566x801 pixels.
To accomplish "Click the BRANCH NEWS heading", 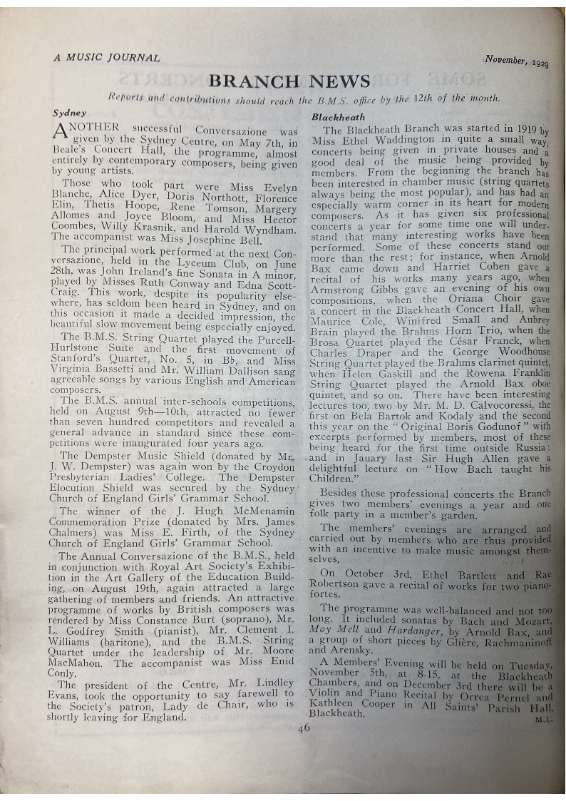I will coord(289,81).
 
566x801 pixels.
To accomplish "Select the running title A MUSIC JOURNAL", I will coord(107,58).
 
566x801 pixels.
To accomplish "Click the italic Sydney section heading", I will coord(69,113).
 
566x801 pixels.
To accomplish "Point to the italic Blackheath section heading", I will coord(338,117).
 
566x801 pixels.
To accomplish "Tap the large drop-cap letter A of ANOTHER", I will coord(62,133).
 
